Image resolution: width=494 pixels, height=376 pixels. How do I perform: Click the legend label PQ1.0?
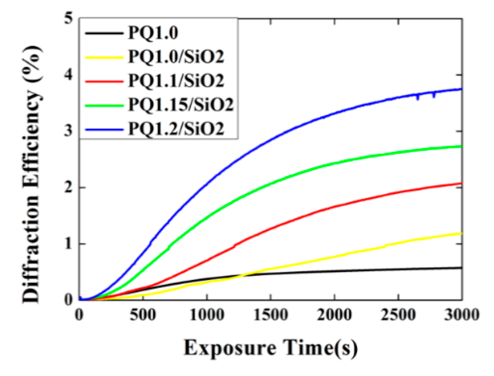[x=153, y=33]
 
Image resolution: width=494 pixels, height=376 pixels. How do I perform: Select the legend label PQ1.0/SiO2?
[x=176, y=57]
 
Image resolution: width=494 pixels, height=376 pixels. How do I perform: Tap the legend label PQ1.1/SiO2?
[x=176, y=81]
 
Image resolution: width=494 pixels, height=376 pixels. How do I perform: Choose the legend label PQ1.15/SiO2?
[x=181, y=104]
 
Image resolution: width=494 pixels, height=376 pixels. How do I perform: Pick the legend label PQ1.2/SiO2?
[x=176, y=128]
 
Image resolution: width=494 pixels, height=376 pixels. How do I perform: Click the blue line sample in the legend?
[x=104, y=129]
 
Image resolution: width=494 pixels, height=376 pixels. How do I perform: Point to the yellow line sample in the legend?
[x=104, y=57]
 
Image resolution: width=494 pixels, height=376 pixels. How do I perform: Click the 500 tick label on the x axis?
[x=143, y=315]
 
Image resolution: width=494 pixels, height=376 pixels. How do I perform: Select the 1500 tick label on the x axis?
[x=270, y=315]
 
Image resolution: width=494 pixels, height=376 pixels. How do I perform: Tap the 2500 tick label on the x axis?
[x=398, y=315]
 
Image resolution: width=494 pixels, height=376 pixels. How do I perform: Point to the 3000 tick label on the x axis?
[x=461, y=315]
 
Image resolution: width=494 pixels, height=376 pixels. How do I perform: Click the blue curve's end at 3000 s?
[x=461, y=89]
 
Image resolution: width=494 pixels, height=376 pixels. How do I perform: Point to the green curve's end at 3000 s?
[x=461, y=146]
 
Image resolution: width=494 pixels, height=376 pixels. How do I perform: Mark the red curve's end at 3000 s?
[x=461, y=183]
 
